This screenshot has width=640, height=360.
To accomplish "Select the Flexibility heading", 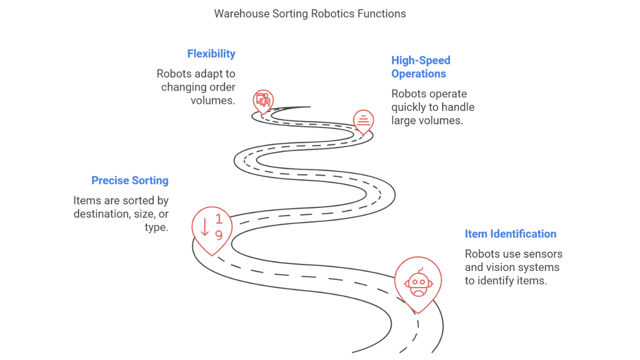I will click(211, 53).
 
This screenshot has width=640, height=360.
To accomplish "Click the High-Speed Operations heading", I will click(420, 67).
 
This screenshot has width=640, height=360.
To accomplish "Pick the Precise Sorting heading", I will click(129, 180).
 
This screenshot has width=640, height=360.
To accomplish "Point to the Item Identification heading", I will click(510, 233).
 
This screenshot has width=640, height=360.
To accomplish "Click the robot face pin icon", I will click(418, 282).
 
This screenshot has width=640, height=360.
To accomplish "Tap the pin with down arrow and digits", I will click(212, 227).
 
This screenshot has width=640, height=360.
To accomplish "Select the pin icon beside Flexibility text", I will click(263, 100).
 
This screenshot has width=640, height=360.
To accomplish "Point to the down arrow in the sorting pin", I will click(204, 227).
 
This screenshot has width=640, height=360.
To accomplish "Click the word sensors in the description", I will click(543, 254).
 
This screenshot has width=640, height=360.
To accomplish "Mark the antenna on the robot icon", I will click(420, 270).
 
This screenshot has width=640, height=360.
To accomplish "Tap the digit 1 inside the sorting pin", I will click(219, 219).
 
